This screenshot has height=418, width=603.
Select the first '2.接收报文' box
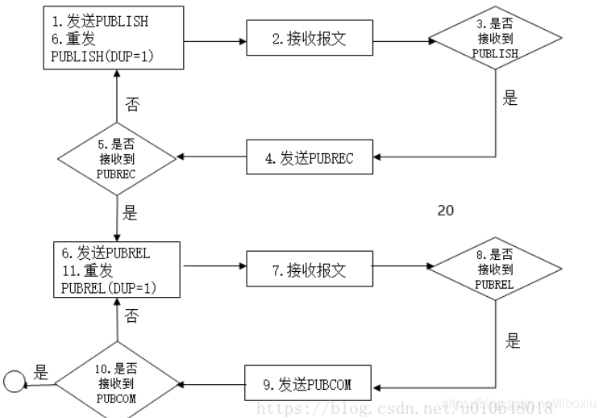click(x=310, y=39)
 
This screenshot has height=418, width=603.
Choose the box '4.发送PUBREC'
click(x=310, y=159)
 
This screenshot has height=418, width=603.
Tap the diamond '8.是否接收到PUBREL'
click(x=496, y=269)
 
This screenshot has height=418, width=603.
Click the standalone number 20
click(x=445, y=211)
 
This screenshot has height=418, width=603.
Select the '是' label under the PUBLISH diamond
click(x=509, y=99)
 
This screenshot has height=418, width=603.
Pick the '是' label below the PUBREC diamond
click(x=130, y=214)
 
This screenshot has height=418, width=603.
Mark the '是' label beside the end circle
click(x=41, y=373)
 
